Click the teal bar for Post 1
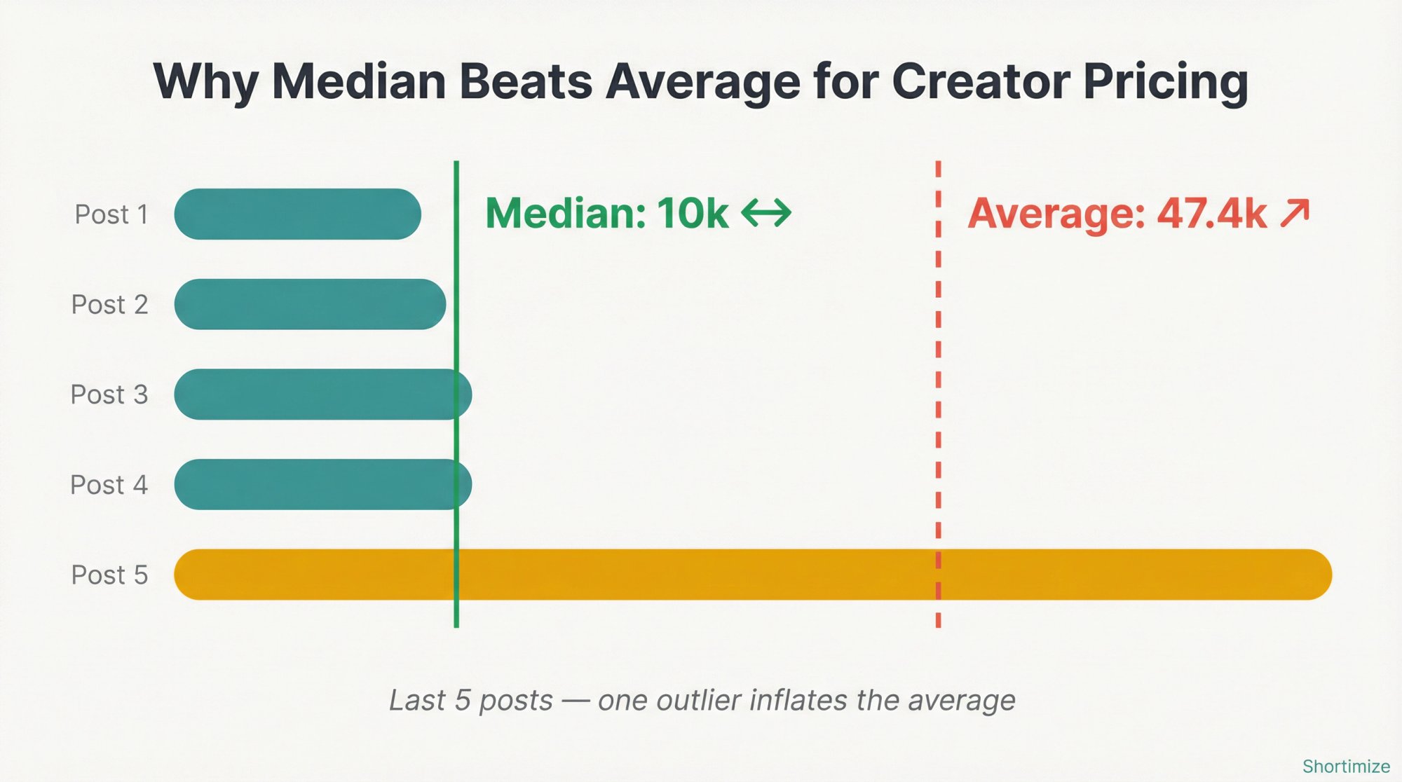tap(297, 214)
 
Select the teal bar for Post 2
tap(310, 304)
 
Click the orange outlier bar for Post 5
tap(752, 575)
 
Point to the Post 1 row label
tap(111, 214)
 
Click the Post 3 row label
tap(109, 395)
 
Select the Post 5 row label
tap(109, 575)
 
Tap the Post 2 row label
tap(109, 305)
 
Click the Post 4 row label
tap(109, 485)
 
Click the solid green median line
tap(456, 336)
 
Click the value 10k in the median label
tap(693, 213)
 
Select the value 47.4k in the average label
tap(1212, 214)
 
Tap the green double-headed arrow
tap(766, 213)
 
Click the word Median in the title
tap(358, 82)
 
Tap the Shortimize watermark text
tap(1346, 767)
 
